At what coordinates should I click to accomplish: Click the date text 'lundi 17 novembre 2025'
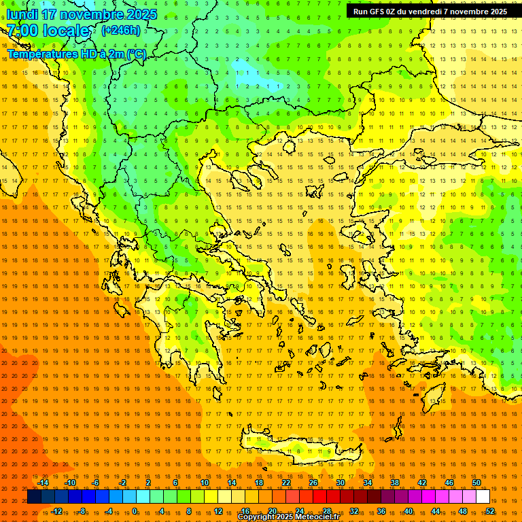pyautogui.click(x=82, y=14)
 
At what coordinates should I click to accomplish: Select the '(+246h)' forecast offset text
pyautogui.click(x=120, y=30)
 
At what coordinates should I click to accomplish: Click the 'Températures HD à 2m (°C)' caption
pyautogui.click(x=76, y=54)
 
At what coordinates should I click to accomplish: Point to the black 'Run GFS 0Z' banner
pyautogui.click(x=430, y=12)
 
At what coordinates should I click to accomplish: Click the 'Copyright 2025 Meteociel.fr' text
pyautogui.click(x=288, y=517)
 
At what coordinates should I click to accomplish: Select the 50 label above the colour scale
pyautogui.click(x=476, y=483)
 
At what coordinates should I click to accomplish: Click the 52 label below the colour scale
pyautogui.click(x=490, y=511)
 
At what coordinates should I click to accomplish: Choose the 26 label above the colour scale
pyautogui.click(x=313, y=483)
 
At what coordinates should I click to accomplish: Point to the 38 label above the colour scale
pyautogui.click(x=395, y=483)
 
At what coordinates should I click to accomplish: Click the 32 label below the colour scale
pyautogui.click(x=354, y=511)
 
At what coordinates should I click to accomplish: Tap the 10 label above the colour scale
pyautogui.click(x=205, y=483)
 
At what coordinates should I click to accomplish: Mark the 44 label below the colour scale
pyautogui.click(x=436, y=511)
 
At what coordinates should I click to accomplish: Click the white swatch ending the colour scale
pyautogui.click(x=483, y=497)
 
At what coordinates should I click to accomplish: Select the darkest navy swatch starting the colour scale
pyautogui.click(x=35, y=497)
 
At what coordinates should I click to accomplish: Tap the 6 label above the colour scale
pyautogui.click(x=175, y=483)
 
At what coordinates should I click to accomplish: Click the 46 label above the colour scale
pyautogui.click(x=449, y=483)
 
